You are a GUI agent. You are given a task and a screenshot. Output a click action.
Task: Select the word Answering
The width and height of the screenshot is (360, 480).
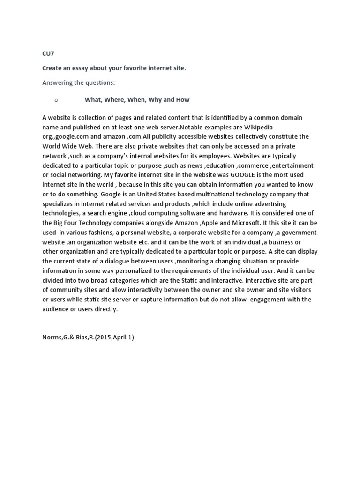58,83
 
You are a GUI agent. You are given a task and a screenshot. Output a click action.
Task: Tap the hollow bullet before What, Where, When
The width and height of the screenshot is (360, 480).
55,100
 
